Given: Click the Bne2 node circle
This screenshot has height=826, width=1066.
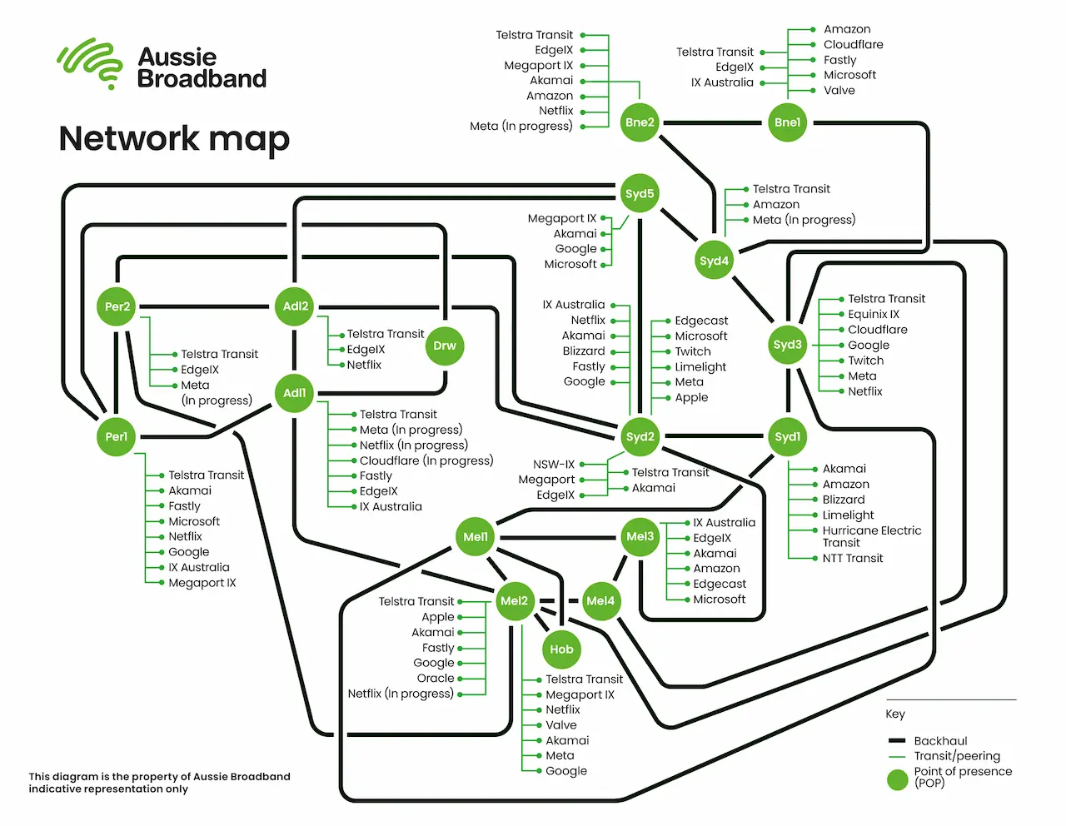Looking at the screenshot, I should (x=640, y=122).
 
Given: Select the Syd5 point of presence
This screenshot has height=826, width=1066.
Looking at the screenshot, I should (x=640, y=194).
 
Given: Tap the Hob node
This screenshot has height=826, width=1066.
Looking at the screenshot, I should (x=561, y=649).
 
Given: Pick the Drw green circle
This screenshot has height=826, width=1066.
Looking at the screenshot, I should (x=445, y=346).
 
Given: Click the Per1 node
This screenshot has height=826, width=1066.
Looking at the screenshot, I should (x=117, y=437).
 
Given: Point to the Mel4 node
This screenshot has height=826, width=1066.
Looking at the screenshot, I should (x=600, y=601).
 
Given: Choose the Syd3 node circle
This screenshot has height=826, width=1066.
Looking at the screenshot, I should (x=787, y=345).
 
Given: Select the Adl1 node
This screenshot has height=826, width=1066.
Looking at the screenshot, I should (x=295, y=393).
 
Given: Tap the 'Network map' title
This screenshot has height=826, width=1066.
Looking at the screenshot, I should (x=174, y=138).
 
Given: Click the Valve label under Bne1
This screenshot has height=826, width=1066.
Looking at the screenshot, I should (x=839, y=91).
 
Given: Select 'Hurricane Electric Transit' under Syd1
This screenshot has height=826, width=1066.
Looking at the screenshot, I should (x=871, y=536).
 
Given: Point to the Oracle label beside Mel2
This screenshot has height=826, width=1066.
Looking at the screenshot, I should (x=436, y=679).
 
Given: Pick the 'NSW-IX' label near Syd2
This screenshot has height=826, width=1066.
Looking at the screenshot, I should (x=554, y=465).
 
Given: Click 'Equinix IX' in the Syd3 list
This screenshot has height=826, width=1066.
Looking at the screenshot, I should (x=874, y=315).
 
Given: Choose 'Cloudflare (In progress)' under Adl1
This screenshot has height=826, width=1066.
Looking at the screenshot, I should (x=426, y=460).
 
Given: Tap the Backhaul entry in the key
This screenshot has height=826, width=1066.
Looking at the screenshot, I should (x=940, y=741).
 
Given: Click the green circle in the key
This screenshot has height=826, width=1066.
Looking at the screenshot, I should (x=897, y=780).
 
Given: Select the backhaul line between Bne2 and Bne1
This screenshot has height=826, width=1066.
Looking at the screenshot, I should (x=713, y=123).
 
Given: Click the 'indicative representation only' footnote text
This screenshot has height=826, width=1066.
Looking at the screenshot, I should (x=108, y=789).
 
